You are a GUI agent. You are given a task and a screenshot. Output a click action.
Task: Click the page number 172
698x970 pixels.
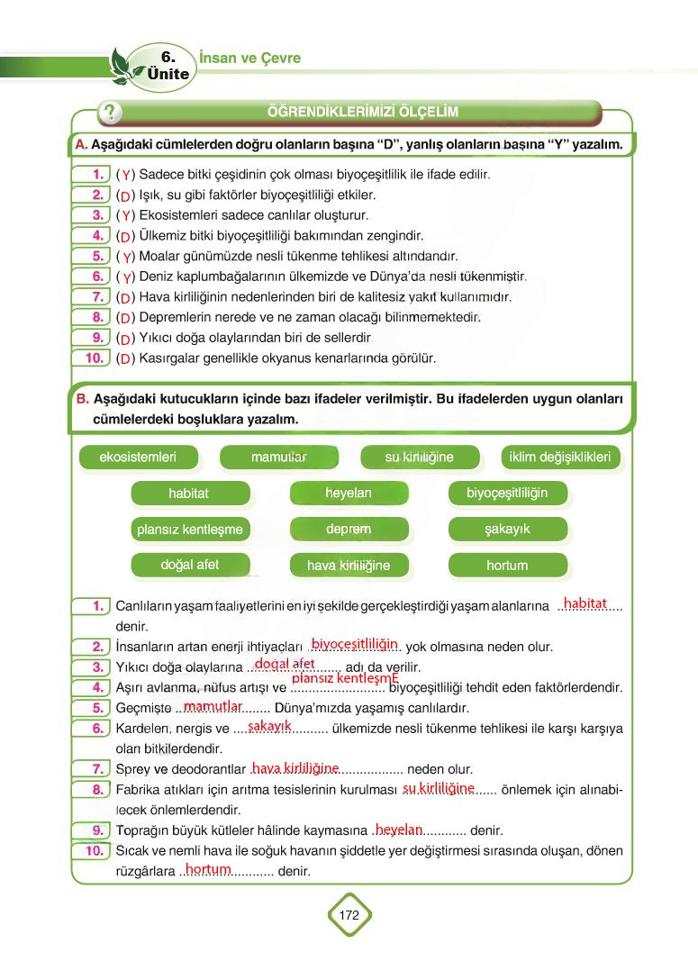click(349, 915)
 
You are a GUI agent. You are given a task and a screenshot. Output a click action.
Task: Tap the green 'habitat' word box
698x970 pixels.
click(188, 494)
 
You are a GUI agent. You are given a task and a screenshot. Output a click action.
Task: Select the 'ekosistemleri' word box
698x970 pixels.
click(138, 458)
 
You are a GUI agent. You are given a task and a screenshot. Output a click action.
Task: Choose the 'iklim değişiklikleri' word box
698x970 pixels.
click(559, 458)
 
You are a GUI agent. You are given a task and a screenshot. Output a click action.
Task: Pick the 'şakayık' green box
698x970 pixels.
click(507, 530)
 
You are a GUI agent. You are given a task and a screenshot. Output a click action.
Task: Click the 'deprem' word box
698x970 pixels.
click(349, 530)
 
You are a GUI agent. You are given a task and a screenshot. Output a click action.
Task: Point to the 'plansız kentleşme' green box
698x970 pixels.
click(190, 530)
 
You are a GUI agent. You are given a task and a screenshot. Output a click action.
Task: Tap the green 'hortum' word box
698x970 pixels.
click(507, 566)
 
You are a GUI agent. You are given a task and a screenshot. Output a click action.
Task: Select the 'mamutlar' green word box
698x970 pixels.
click(279, 458)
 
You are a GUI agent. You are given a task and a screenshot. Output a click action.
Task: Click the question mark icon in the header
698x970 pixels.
click(110, 113)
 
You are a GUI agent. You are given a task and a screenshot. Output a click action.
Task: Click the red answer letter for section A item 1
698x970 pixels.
click(126, 175)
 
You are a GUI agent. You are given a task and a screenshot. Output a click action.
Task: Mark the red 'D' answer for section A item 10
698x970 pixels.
click(125, 358)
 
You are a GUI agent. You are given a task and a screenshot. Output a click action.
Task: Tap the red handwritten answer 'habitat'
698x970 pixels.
click(585, 603)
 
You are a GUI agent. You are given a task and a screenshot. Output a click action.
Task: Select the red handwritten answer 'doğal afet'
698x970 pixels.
click(285, 664)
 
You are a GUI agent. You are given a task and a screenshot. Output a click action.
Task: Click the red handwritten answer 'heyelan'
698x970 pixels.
click(399, 829)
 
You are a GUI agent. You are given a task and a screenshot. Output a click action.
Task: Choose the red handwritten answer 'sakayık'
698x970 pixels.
click(269, 726)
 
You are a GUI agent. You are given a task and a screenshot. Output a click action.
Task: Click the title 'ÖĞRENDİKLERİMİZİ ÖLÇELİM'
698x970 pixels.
click(363, 112)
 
